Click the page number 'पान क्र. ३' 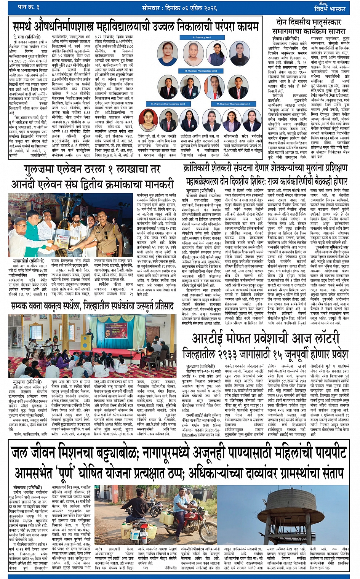[29, 8]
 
